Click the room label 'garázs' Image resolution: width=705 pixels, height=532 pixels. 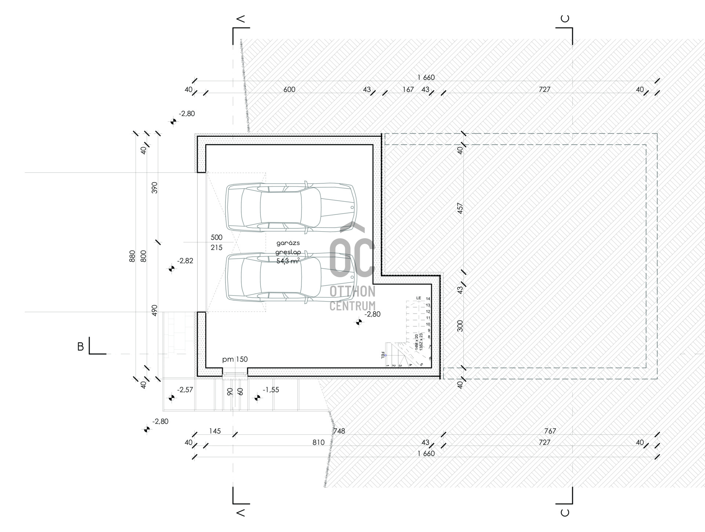(288, 243)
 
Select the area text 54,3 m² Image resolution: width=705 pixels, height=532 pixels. (288, 261)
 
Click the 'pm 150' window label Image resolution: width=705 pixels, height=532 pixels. (235, 359)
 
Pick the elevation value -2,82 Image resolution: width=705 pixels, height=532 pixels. (185, 261)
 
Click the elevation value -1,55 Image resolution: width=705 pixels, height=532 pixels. (271, 390)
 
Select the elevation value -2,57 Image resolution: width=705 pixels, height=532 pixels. (185, 390)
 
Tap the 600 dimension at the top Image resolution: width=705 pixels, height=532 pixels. (289, 89)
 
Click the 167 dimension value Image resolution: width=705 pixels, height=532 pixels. (408, 89)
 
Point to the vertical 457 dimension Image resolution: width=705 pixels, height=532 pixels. (460, 208)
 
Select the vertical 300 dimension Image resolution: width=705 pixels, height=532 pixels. (460, 326)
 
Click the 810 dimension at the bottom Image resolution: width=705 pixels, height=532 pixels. (318, 442)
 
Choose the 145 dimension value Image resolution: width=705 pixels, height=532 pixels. (215, 431)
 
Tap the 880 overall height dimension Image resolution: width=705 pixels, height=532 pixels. (133, 256)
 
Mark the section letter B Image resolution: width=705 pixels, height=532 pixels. (80, 347)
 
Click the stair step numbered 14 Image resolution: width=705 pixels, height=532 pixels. (428, 299)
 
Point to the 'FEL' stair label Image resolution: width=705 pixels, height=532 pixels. (383, 355)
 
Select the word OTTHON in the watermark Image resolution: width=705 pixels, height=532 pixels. (352, 292)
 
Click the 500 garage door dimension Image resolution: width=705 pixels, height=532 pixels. (217, 238)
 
